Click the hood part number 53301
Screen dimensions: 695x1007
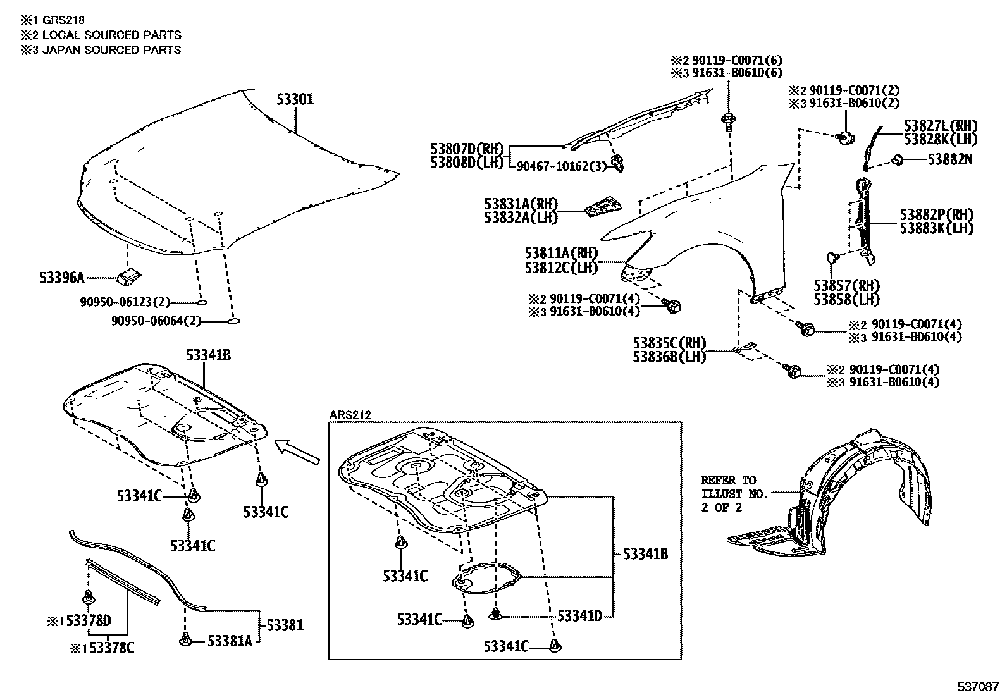pos(295,99)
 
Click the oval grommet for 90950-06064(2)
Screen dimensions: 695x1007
pos(233,321)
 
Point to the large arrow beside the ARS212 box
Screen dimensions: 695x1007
pos(297,453)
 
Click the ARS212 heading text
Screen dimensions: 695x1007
pos(350,415)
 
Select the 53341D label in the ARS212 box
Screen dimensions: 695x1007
pos(579,615)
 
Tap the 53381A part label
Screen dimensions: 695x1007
pos(230,641)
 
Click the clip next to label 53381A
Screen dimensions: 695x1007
pos(185,641)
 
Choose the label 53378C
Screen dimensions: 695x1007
pos(107,648)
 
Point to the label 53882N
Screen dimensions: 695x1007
pos(950,160)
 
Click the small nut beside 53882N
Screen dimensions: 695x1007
pos(898,160)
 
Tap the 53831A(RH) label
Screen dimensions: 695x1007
pos(521,204)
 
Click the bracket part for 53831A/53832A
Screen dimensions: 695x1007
pos(603,207)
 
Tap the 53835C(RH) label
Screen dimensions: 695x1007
pos(669,343)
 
